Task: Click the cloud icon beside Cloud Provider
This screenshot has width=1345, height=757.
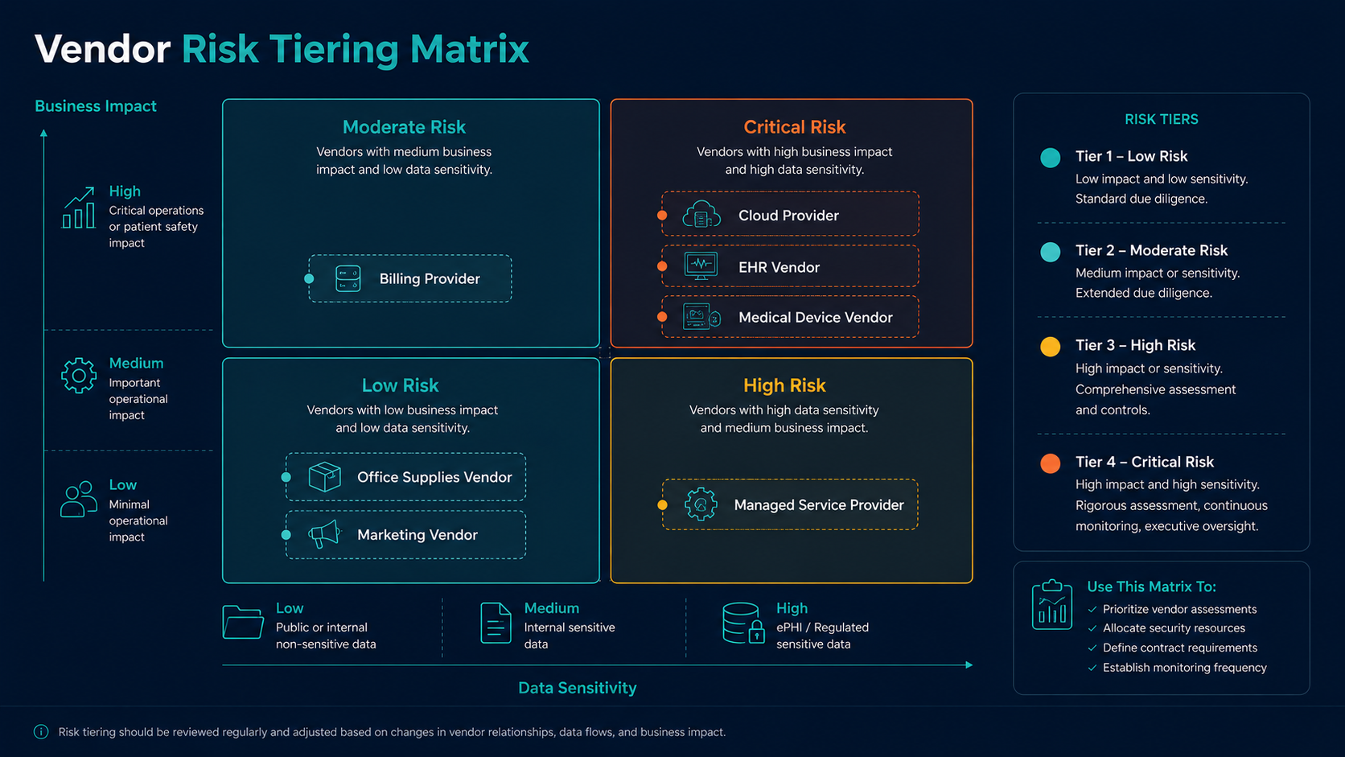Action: click(x=701, y=214)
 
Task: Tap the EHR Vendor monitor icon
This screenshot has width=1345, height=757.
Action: click(x=701, y=266)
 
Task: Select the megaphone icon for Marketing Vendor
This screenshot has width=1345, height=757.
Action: click(x=324, y=534)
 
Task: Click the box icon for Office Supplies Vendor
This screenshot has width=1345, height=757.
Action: click(x=324, y=477)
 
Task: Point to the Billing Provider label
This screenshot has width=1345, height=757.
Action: click(x=430, y=278)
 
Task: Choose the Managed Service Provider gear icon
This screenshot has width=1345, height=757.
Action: click(x=701, y=504)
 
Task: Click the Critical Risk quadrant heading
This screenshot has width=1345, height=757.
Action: click(x=795, y=126)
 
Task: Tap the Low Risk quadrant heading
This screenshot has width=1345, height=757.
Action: click(x=400, y=385)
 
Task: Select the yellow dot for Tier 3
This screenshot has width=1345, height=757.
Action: click(x=1051, y=347)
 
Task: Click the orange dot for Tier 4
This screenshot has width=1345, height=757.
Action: click(x=1051, y=463)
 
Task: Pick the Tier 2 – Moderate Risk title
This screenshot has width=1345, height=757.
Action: click(x=1151, y=250)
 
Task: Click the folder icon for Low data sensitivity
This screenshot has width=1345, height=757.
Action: click(x=243, y=622)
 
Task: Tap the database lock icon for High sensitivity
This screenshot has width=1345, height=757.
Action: click(x=743, y=623)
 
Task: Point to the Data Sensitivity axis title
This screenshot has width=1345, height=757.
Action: click(x=577, y=688)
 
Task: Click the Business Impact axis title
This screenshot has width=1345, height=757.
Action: click(x=96, y=106)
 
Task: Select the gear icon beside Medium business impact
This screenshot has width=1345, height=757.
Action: click(x=79, y=376)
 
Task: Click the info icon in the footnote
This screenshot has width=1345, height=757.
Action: click(x=41, y=732)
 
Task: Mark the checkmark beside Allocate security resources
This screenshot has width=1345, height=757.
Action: click(x=1092, y=628)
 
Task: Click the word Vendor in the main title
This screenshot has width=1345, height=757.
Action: click(x=103, y=48)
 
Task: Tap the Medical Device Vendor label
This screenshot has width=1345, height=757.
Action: click(x=815, y=317)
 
